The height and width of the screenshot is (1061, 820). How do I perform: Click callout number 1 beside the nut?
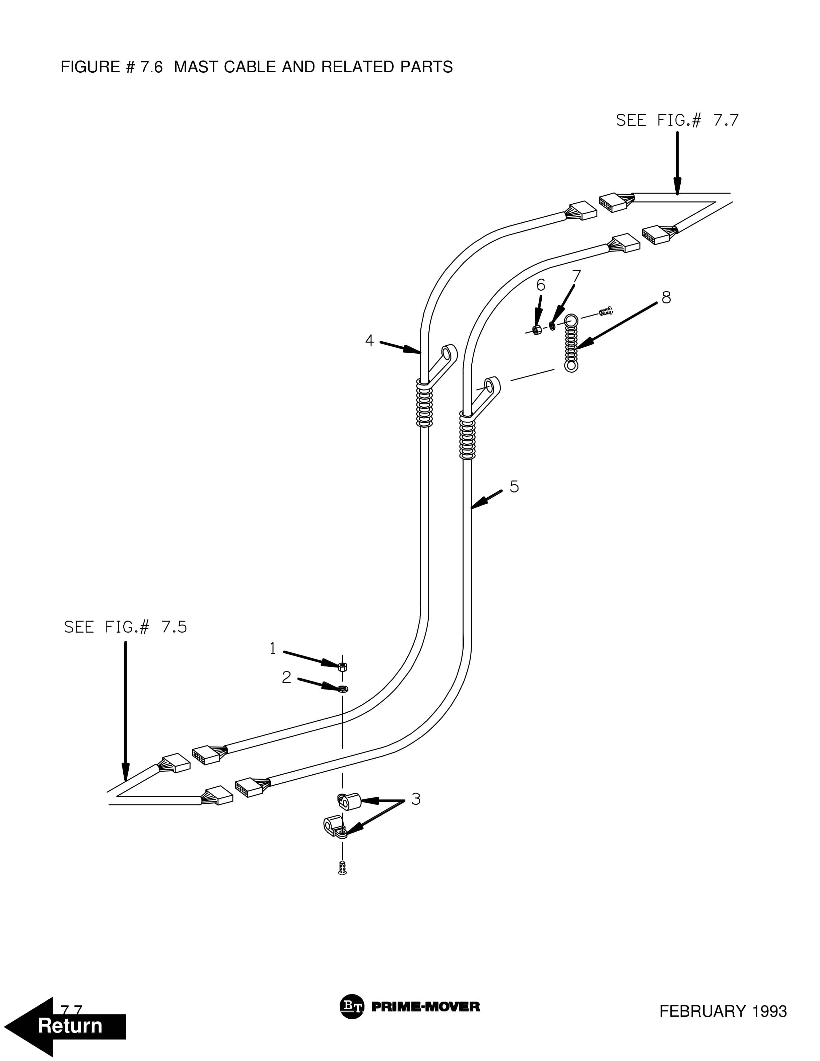273,648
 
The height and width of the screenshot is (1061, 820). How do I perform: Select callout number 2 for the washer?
287,677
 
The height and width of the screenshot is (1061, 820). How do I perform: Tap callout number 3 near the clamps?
416,799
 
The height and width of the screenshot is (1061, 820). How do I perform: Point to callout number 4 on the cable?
370,341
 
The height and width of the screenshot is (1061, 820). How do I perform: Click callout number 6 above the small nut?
541,285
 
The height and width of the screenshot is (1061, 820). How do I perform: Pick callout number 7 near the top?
576,276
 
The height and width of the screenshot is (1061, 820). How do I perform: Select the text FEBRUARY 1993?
723,1011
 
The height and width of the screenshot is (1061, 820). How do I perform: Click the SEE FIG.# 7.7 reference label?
677,120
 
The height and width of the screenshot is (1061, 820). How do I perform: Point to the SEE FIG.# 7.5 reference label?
125,627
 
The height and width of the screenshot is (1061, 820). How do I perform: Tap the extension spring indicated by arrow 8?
571,343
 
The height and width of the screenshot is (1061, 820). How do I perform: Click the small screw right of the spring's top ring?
606,310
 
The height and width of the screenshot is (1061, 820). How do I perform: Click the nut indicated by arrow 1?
342,666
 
